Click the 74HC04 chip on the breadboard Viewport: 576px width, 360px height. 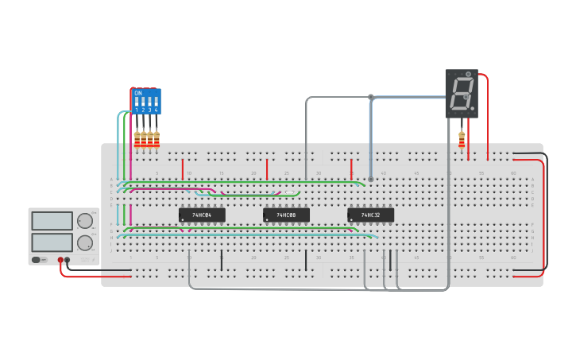pos(202,215)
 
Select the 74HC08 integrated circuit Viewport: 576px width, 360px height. pos(286,215)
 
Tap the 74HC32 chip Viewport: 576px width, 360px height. pos(370,215)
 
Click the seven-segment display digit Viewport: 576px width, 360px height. pos(461,93)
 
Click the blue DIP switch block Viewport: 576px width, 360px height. pos(146,101)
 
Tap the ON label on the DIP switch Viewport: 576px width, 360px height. pos(138,93)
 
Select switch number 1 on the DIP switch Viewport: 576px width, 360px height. pos(137,103)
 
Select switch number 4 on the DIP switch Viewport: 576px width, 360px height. pos(156,103)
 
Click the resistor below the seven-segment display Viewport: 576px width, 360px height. pos(462,139)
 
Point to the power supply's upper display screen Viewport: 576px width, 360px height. pos(52,221)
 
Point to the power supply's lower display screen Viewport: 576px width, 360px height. pos(52,242)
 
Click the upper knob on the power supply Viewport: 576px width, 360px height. pos(84,222)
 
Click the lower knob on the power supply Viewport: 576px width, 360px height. pos(84,242)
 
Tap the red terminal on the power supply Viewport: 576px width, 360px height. pos(60,260)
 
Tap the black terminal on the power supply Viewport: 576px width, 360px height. pos(68,260)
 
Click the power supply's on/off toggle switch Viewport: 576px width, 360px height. pos(37,260)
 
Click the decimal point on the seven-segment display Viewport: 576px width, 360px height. pos(472,108)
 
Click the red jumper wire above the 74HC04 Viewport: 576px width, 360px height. pos(183,168)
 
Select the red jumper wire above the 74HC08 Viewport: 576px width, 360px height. pos(267,168)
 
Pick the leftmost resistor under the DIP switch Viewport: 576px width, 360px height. pos(137,140)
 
